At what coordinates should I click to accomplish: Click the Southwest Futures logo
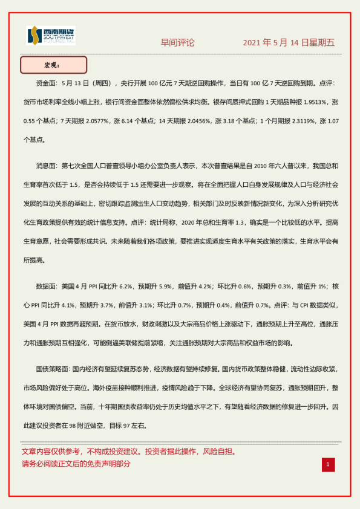point(51,36)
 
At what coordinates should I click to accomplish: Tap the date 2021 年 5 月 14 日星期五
point(289,43)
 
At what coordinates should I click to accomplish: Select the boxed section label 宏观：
point(53,65)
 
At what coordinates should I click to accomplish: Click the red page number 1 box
point(327,464)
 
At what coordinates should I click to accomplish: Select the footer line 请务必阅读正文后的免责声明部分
point(76,464)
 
